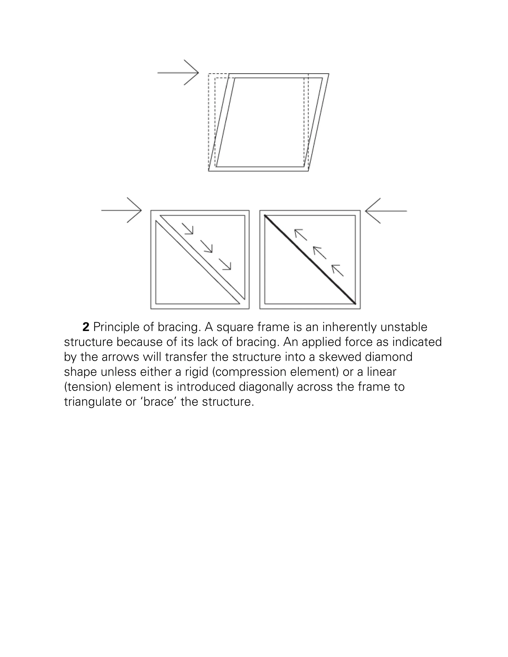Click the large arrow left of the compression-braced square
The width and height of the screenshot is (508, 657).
point(122,210)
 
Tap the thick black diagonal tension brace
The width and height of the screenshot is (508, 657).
point(310,259)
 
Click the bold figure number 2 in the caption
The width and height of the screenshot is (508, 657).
point(86,327)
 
